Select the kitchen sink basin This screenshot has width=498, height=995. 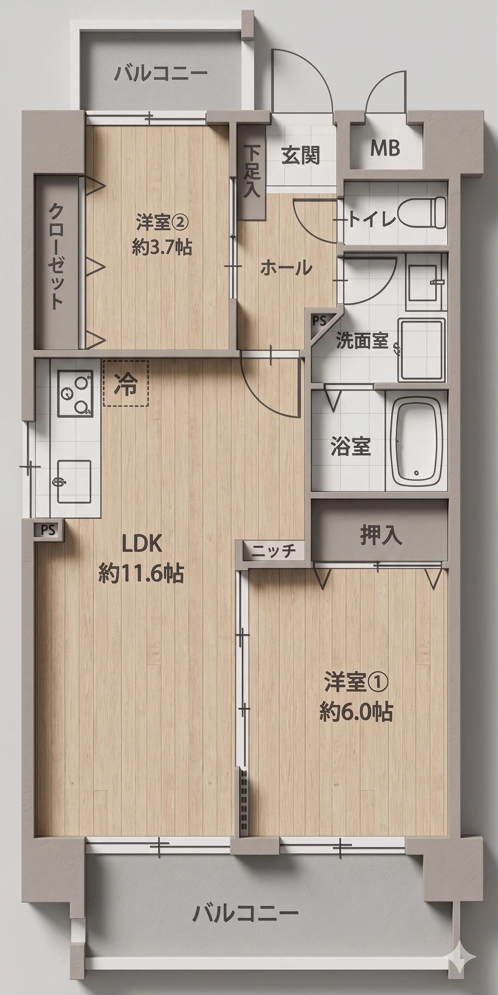click(x=74, y=481)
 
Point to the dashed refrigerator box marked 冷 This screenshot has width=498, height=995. click(x=126, y=382)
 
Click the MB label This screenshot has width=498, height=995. click(x=385, y=148)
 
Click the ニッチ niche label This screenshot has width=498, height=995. click(x=274, y=551)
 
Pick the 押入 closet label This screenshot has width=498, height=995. click(x=381, y=534)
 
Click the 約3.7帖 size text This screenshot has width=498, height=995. click(x=161, y=247)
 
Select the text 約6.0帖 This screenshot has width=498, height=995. click(x=356, y=712)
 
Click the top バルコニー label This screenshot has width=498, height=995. click(x=161, y=74)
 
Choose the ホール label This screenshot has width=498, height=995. click(x=286, y=268)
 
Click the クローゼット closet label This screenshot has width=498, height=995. click(x=56, y=256)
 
